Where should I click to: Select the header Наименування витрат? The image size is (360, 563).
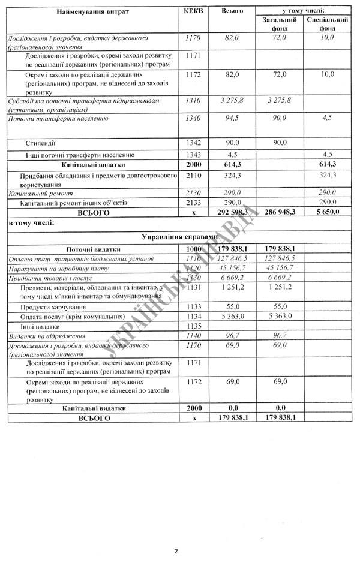click(x=92, y=12)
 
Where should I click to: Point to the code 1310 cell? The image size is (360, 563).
click(x=193, y=101)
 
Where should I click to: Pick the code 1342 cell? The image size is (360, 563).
click(x=193, y=143)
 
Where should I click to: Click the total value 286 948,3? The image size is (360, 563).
click(x=277, y=212)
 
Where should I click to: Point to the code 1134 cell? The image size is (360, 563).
click(x=193, y=317)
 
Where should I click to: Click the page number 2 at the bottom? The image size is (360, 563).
click(x=176, y=551)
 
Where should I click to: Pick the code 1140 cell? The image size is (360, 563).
click(x=193, y=336)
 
